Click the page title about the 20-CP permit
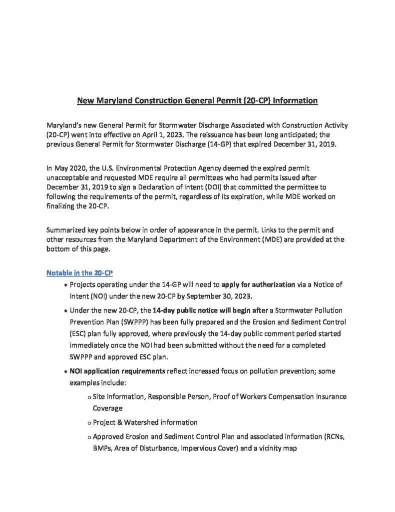pyautogui.click(x=197, y=100)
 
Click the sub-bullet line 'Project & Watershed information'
pyautogui.click(x=145, y=421)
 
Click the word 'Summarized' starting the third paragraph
pyautogui.click(x=68, y=230)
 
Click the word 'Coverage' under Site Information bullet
pyautogui.click(x=109, y=407)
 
